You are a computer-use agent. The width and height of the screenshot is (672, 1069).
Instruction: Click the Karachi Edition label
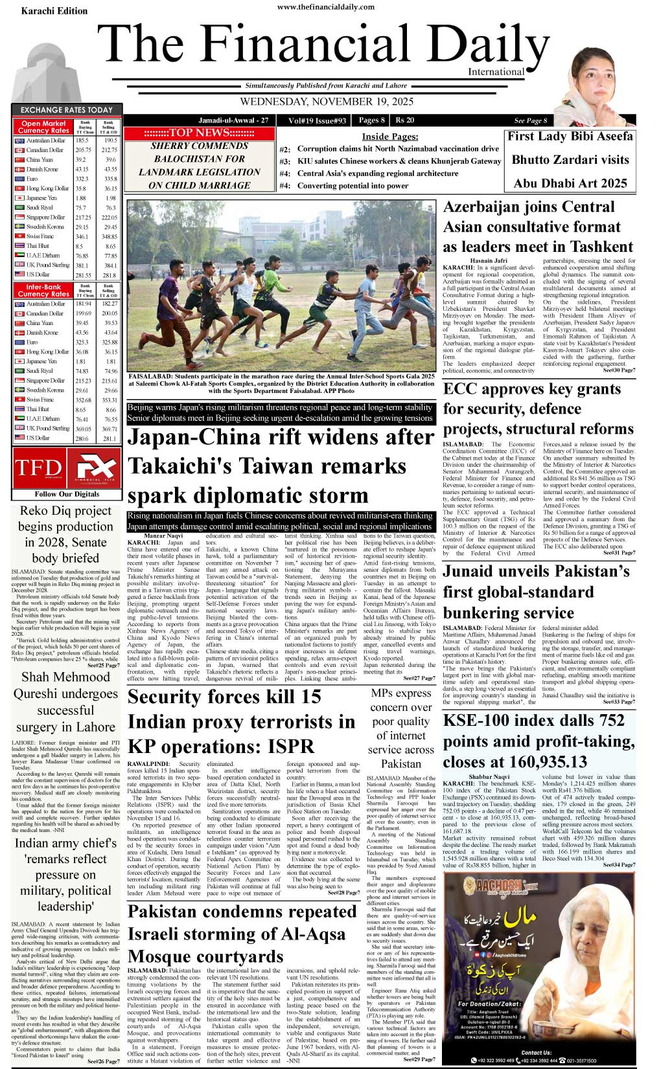54,11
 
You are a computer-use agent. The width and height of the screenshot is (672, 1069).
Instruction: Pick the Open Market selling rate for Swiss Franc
110,236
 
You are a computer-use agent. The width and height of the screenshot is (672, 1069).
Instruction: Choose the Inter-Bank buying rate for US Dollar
82,438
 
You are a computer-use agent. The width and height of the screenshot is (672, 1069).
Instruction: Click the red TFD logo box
38,468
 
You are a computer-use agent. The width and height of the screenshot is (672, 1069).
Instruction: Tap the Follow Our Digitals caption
64,494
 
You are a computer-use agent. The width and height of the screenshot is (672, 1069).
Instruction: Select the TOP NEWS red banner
199,133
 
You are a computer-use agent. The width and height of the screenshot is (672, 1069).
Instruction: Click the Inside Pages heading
389,137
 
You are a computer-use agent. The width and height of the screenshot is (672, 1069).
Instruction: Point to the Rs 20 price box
405,120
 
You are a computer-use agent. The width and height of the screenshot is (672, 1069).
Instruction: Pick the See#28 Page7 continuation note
345,893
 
